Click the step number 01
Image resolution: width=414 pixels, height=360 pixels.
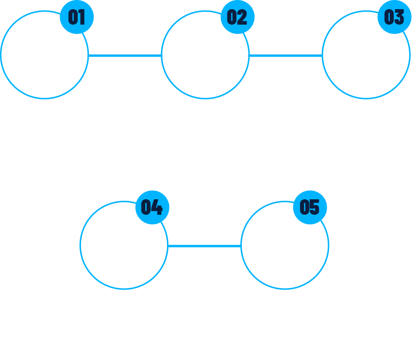click(x=76, y=17)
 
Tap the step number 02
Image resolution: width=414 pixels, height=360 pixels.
click(x=236, y=17)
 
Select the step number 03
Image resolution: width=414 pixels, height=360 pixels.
click(x=394, y=17)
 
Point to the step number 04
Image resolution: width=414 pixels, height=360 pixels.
click(x=152, y=207)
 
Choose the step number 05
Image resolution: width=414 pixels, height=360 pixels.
click(x=309, y=207)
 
